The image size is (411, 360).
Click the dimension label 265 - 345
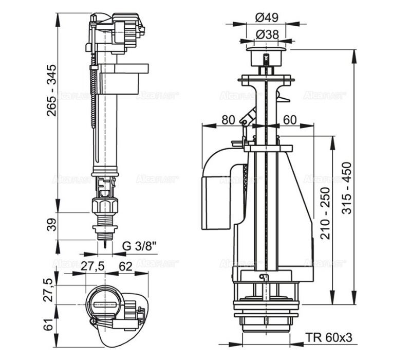point(51,92)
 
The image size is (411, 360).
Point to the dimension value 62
point(125,266)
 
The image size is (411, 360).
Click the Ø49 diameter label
point(266,16)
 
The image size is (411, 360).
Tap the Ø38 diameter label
point(266,34)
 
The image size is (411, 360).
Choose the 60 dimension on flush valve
point(290,120)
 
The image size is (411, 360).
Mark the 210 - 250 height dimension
point(324,211)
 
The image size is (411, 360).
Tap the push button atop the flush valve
point(265,54)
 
